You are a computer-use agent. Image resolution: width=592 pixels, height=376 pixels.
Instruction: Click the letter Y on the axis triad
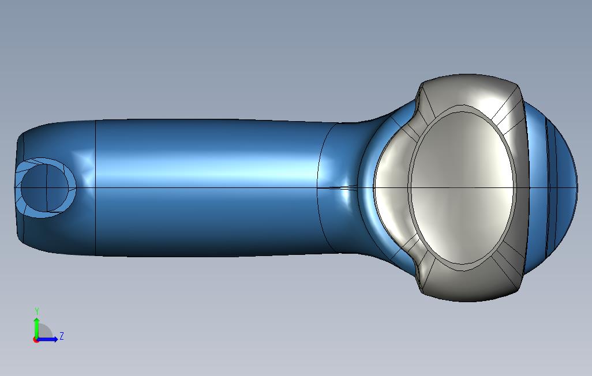coord(37,311)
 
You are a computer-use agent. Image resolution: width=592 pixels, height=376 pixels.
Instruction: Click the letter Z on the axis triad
coord(62,336)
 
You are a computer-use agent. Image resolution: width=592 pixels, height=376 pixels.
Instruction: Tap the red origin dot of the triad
coord(36,340)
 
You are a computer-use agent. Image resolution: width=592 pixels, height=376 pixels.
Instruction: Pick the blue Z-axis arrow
coord(49,339)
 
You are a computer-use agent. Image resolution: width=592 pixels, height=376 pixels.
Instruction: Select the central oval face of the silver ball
coord(462,188)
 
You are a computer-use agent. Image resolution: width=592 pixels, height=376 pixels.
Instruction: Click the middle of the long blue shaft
coord(208,173)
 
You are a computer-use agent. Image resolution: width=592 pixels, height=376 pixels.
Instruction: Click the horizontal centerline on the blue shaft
coord(208,188)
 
